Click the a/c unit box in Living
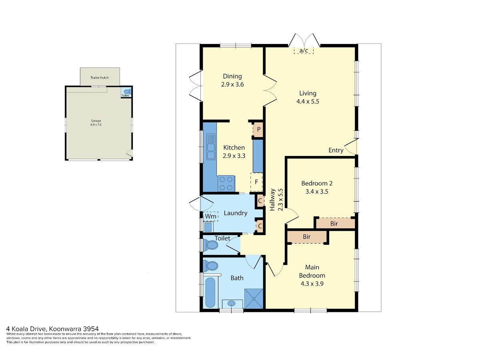pos(304,50)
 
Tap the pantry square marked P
pos(258,129)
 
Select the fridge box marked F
pos(256,182)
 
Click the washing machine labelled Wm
pos(210,216)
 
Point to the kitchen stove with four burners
pos(226,184)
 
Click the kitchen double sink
pos(210,147)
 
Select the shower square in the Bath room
pos(254,298)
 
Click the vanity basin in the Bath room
pos(232,304)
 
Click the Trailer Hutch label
pos(100,78)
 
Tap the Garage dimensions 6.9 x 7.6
pos(96,124)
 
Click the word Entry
pos(336,150)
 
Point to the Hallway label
pos(272,200)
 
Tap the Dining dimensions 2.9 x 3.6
pos(232,84)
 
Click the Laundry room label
pos(236,213)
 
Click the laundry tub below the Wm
pos(208,227)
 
